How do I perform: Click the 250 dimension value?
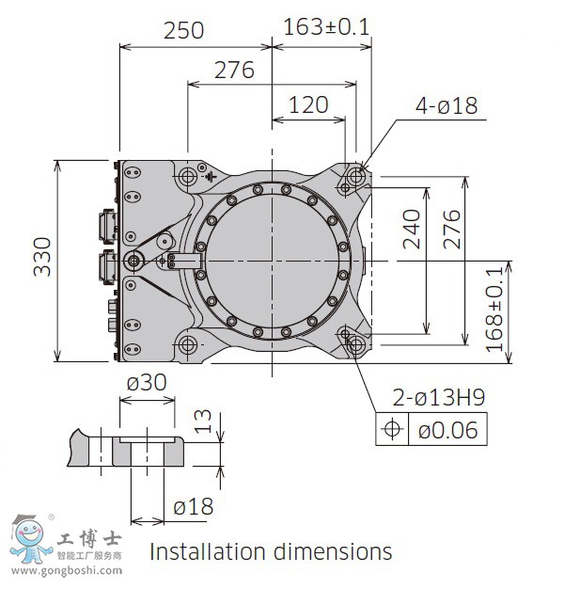click(184, 30)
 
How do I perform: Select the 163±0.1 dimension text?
click(326, 27)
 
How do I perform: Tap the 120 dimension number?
click(308, 104)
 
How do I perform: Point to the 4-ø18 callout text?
click(446, 105)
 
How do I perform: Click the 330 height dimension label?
click(42, 257)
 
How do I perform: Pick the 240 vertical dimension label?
click(412, 230)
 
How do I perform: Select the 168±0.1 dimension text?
click(493, 310)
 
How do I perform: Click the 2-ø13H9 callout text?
click(439, 397)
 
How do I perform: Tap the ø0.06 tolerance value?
click(448, 430)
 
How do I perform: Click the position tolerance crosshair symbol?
click(392, 429)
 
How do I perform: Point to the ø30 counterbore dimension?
click(147, 383)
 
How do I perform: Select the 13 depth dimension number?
click(203, 422)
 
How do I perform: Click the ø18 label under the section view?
click(194, 507)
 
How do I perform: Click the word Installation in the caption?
click(208, 551)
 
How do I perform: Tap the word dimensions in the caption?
click(333, 551)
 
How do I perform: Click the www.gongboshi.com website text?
click(67, 571)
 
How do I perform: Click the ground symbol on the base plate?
click(211, 176)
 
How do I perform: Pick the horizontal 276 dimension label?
click(234, 71)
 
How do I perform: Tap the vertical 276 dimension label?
click(452, 230)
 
